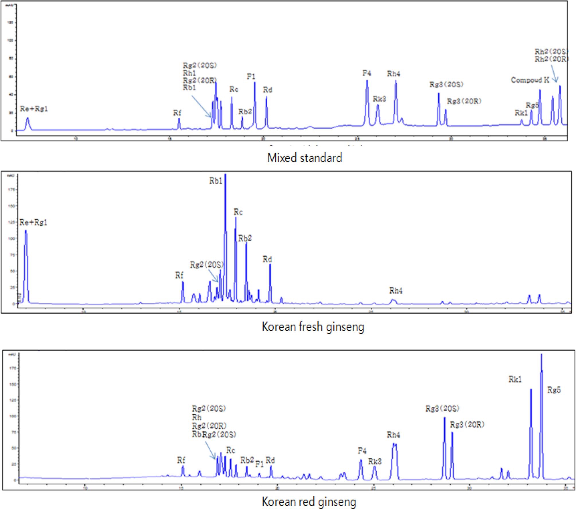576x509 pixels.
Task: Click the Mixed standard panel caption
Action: [305, 158]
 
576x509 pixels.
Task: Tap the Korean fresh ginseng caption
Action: [313, 327]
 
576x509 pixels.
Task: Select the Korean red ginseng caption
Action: [309, 502]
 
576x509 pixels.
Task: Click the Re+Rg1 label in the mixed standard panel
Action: [34, 109]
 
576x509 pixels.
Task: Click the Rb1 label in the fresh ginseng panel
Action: [216, 181]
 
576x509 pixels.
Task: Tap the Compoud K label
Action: [530, 80]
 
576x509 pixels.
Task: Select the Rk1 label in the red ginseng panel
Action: [515, 379]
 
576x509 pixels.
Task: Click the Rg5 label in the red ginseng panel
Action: [554, 390]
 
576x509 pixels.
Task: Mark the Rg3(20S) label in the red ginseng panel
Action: [442, 409]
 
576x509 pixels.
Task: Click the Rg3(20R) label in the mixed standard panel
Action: [464, 101]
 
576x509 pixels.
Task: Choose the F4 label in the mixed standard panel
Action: [367, 73]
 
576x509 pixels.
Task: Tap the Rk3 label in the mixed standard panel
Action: [379, 99]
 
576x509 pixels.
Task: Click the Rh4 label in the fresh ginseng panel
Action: [396, 291]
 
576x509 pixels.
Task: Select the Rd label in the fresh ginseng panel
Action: [267, 259]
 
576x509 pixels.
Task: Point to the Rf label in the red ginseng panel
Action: [181, 460]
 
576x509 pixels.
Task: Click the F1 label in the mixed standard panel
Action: [251, 76]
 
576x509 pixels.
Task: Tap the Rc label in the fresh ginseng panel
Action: [238, 212]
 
